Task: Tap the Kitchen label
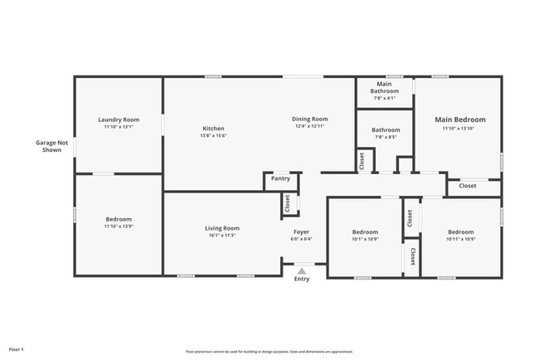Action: (214, 129)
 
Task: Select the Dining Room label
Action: (311, 119)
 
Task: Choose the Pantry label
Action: (280, 178)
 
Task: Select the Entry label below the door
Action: (302, 279)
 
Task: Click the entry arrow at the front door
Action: (302, 269)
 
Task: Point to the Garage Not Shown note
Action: (51, 146)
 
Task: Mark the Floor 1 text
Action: (17, 349)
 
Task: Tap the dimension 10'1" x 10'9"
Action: (365, 240)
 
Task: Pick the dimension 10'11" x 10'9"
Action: (460, 240)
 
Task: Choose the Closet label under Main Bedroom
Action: (468, 186)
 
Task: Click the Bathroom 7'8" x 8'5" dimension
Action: (385, 138)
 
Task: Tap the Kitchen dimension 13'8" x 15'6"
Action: (214, 136)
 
